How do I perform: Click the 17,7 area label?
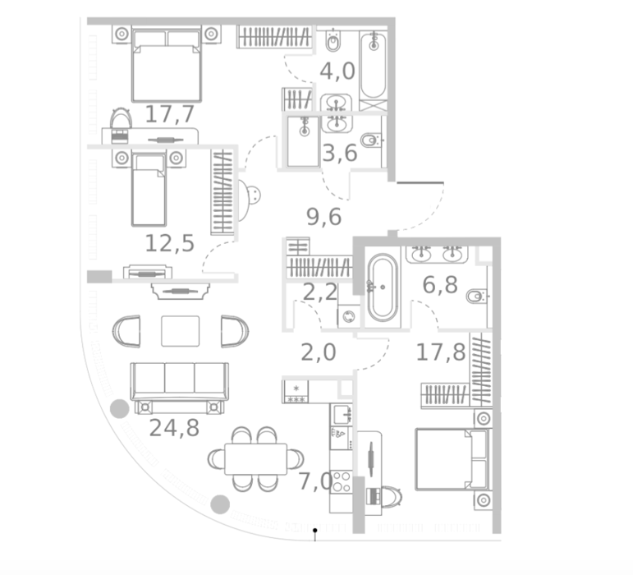[170, 114]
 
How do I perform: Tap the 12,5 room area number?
[170, 244]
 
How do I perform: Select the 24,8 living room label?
[174, 428]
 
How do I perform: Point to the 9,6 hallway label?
[323, 217]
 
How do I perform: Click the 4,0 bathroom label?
[337, 71]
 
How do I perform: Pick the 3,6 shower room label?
[340, 153]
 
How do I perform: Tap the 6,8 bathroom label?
[440, 285]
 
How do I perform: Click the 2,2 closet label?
[319, 292]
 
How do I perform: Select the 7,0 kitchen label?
[315, 481]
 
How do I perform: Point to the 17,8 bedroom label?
[441, 352]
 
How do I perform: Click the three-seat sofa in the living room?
[180, 381]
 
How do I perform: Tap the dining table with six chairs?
[255, 459]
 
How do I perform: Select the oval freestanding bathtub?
[383, 287]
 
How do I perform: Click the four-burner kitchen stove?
[341, 481]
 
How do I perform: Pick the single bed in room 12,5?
[149, 190]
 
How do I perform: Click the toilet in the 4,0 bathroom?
[333, 41]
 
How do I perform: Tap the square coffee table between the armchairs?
[180, 331]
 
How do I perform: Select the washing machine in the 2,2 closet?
[348, 316]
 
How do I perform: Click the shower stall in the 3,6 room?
[303, 141]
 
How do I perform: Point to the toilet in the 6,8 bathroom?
[477, 297]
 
